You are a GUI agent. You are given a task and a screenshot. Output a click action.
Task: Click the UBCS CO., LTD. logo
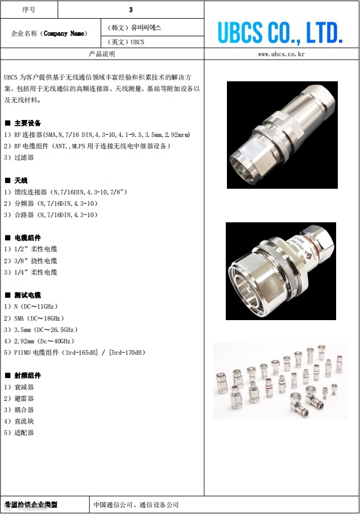pos(280,33)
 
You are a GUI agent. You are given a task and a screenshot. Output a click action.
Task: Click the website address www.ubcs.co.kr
pos(282,54)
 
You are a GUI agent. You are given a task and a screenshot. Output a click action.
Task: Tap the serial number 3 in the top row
pos(131,10)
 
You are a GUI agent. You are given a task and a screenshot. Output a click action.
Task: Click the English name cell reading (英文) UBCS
pos(126,42)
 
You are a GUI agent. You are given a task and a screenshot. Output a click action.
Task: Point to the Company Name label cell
pos(49,34)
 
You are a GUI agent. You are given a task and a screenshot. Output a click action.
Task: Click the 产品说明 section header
pos(102,54)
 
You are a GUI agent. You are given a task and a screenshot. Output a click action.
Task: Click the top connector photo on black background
pos(282,135)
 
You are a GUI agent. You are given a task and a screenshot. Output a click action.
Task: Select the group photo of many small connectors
pos(280,381)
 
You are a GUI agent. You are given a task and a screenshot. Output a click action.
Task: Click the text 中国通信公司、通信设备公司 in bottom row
pos(136,505)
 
